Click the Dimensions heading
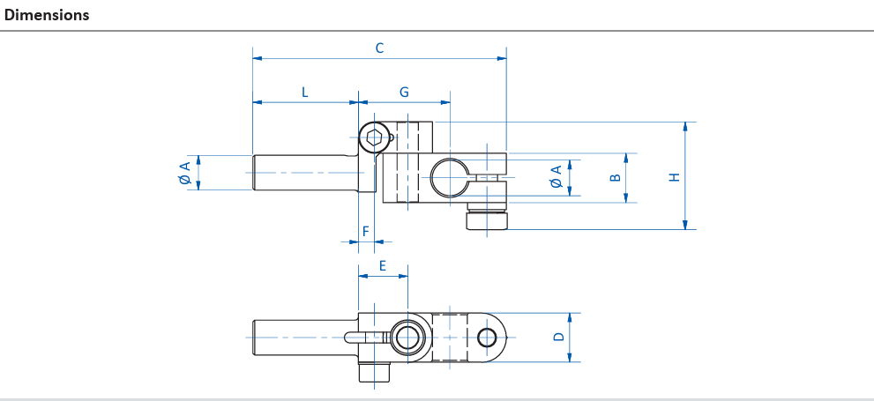pyautogui.click(x=47, y=15)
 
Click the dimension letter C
pyautogui.click(x=379, y=48)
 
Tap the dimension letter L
pyautogui.click(x=305, y=93)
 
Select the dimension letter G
pyautogui.click(x=404, y=93)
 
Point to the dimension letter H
pyautogui.click(x=675, y=177)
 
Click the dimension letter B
pyautogui.click(x=616, y=178)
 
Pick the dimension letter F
pyautogui.click(x=366, y=231)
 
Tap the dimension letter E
pyautogui.click(x=383, y=265)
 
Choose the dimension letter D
pyautogui.click(x=558, y=337)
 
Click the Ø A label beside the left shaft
pyautogui.click(x=185, y=173)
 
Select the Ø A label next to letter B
pyautogui.click(x=557, y=176)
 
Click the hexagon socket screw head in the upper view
pyautogui.click(x=374, y=137)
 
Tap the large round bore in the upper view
pyautogui.click(x=450, y=177)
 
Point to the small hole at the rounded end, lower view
pyautogui.click(x=487, y=338)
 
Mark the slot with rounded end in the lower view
pyautogui.click(x=366, y=338)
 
